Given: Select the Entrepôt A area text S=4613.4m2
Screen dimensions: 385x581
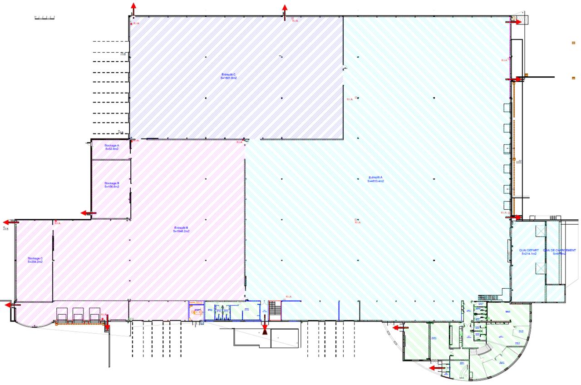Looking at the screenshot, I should coord(376,181).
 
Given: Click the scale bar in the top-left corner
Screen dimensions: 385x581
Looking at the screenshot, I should coord(45,18).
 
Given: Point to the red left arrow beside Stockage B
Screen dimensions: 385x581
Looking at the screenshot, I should coord(87,212).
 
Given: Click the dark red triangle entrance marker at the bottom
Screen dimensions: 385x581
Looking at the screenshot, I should coord(265,332).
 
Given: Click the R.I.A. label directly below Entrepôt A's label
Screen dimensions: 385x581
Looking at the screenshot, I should coord(357,222).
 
